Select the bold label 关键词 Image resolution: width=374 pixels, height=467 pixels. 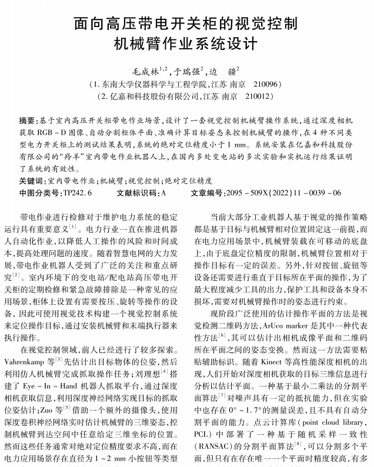(32, 181)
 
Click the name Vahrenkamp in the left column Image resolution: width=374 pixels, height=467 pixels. (27, 358)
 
